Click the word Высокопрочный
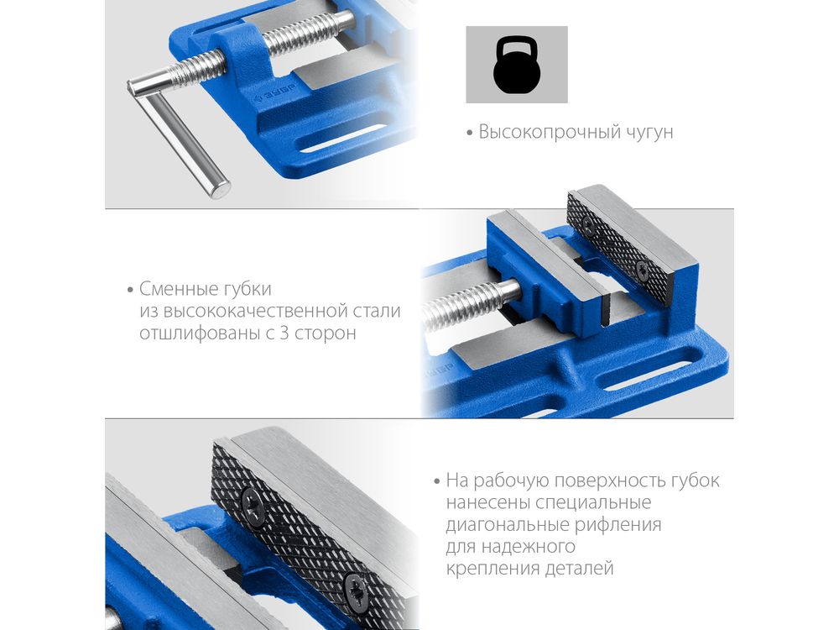pyautogui.click(x=550, y=132)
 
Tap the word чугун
pyautogui.click(x=650, y=133)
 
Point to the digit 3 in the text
pyautogui.click(x=284, y=333)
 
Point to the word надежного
pyautogui.click(x=528, y=547)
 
